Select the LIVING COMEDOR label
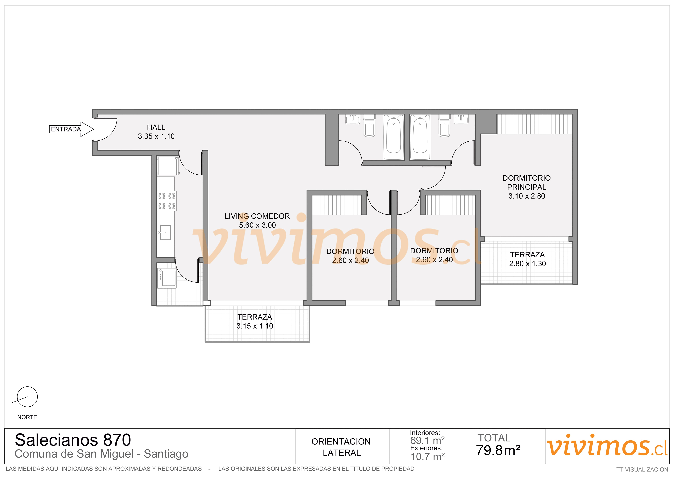pyautogui.click(x=257, y=216)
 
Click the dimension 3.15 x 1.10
pyautogui.click(x=255, y=326)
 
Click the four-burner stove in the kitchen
pyautogui.click(x=167, y=201)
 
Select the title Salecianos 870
pyautogui.click(x=73, y=440)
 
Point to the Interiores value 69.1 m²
pyautogui.click(x=427, y=441)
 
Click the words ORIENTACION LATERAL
pyautogui.click(x=341, y=447)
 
